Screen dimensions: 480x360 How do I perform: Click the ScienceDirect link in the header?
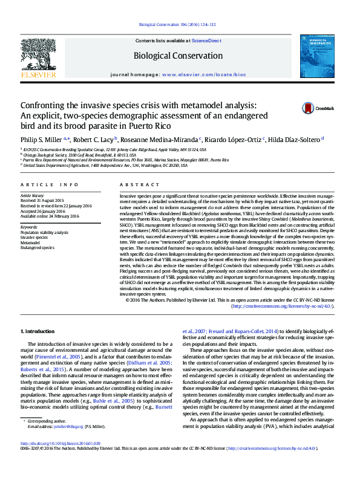[206, 41]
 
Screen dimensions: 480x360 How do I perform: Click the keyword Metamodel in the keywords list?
[31, 242]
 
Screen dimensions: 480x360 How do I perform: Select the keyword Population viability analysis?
[45, 232]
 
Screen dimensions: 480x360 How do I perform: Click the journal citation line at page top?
[182, 25]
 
